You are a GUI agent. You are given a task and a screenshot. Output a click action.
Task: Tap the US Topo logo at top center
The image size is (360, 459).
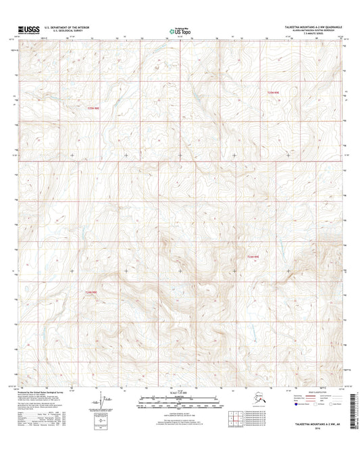[x=180, y=30]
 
